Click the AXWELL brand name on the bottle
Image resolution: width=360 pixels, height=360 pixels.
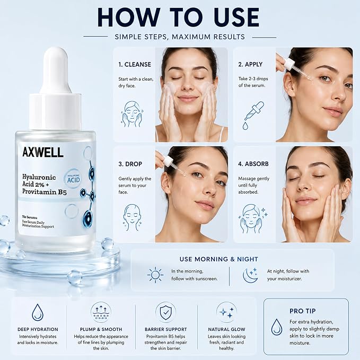43,152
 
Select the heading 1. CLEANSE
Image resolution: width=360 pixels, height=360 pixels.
135,65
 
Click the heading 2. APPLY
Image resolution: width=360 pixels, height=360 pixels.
250,64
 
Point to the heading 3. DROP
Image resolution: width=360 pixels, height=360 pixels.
130,164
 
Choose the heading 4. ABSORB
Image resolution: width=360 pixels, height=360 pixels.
253,164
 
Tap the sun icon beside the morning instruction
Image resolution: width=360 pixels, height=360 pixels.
155,275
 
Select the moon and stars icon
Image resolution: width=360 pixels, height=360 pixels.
251,275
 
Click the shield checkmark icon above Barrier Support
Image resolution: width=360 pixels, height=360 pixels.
165,312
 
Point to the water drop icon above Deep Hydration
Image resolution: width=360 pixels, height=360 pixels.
38,312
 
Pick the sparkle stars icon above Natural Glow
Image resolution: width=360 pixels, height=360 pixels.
226,312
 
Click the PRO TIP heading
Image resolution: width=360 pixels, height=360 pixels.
302,311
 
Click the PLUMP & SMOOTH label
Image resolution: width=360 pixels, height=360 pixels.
101,329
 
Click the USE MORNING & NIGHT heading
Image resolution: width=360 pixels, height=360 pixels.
219,259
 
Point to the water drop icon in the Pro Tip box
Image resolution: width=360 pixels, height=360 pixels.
277,327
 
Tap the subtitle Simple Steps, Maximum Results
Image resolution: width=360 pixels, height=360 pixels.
180,37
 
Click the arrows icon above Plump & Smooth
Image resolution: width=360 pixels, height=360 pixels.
101,312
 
